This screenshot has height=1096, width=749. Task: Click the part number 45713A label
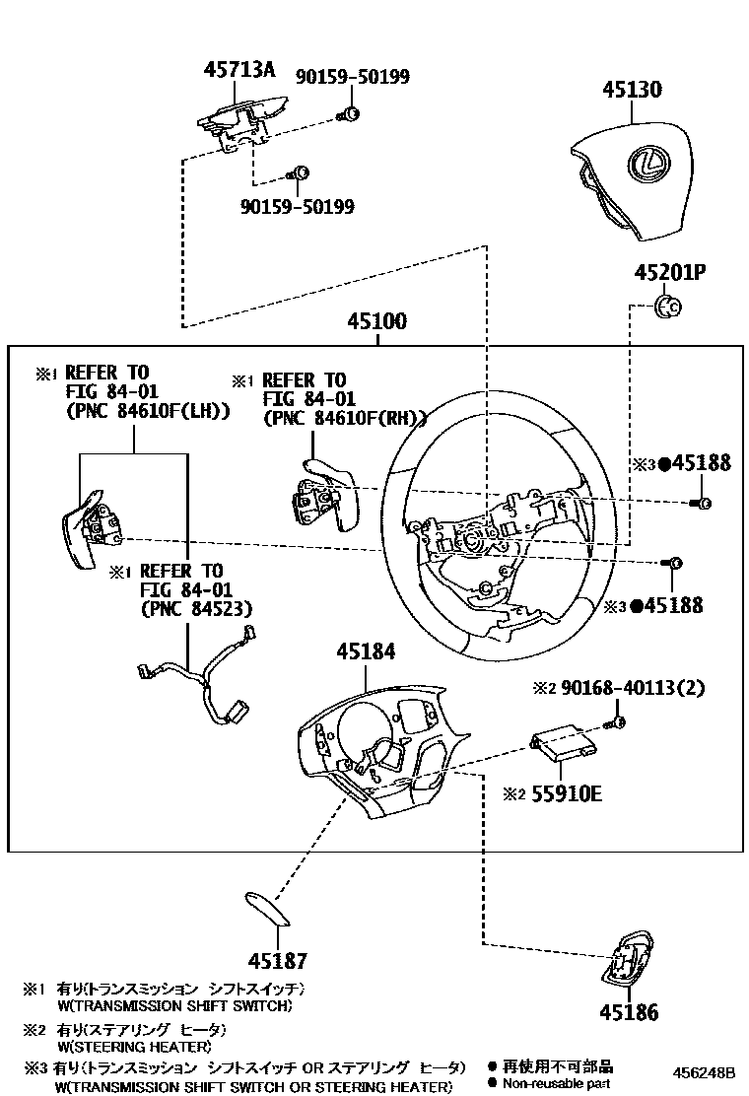click(x=238, y=70)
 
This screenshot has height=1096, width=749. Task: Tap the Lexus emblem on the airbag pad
click(x=648, y=163)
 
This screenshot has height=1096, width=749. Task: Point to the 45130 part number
click(x=632, y=90)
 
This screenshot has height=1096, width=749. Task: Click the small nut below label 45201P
click(x=668, y=308)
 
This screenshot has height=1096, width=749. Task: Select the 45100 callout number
click(x=375, y=322)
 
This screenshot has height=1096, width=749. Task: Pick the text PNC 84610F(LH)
click(x=147, y=412)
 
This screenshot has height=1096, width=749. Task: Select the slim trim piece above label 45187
click(x=266, y=908)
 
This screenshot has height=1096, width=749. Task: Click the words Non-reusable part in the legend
click(x=557, y=1083)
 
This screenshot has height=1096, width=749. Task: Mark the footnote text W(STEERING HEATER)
click(x=134, y=1046)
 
